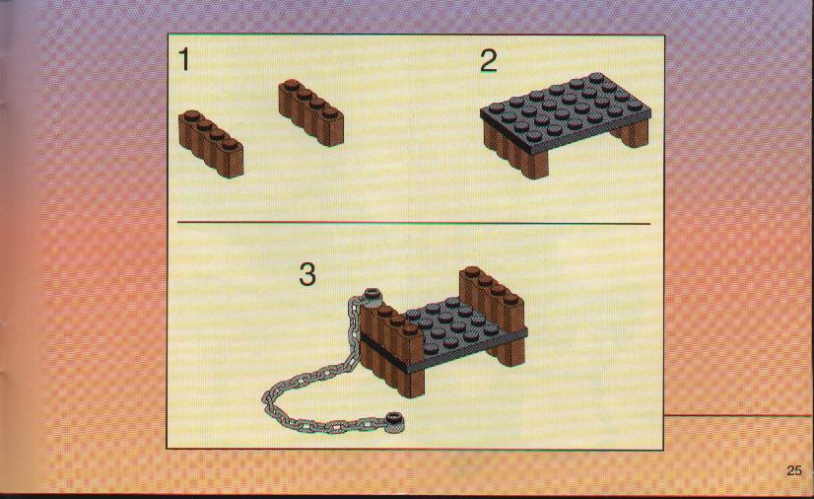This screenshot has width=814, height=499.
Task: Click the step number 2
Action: point(489,61)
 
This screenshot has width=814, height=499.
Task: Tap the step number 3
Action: point(307,274)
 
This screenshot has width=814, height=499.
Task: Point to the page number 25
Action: point(793,470)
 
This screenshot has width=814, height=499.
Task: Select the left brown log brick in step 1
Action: point(211,144)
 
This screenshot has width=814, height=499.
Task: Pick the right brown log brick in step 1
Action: point(311,112)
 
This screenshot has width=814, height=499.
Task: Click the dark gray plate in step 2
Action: point(566,112)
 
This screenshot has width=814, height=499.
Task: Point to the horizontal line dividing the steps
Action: point(413,223)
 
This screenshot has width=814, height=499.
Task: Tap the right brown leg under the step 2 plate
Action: point(633,134)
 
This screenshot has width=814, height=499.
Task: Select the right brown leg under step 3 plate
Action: point(508,352)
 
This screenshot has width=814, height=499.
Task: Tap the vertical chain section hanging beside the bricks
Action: point(353,328)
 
